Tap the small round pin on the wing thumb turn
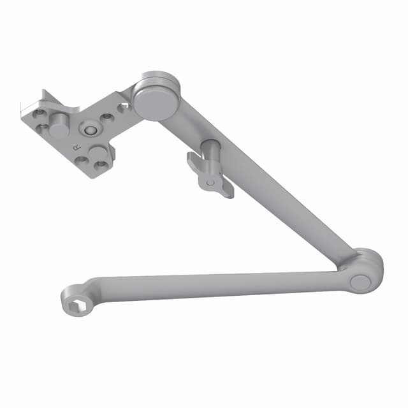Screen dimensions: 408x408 pos(210,182)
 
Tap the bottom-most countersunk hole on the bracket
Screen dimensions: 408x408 pos(100,165)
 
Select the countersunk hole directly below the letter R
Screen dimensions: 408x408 pos(82,159)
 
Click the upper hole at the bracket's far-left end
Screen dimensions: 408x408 pos(40,113)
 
